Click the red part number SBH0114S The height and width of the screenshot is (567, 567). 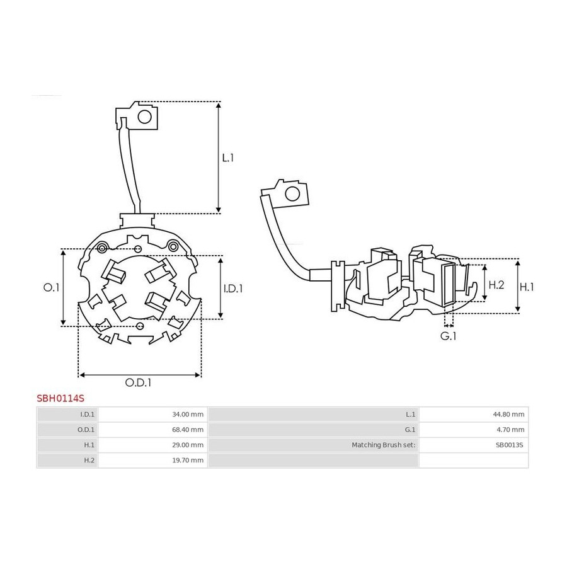pos(60,398)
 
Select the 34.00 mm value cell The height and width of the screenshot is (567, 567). pos(188,415)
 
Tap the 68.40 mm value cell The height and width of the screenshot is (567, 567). pos(188,430)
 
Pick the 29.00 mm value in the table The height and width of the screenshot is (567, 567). pos(188,445)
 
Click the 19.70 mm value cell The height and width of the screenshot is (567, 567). pos(188,460)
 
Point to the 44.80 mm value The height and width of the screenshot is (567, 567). pos(508,415)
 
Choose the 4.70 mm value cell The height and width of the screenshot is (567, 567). pos(510,430)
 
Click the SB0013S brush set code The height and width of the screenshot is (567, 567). pos(509,445)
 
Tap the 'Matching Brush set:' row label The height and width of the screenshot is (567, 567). pos(384,445)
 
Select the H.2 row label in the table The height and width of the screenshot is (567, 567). pos(89,460)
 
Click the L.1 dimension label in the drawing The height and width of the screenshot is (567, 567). pos(228,157)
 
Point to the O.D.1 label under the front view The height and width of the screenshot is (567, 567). pos(138,382)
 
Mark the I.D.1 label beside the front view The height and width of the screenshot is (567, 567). pos(233,288)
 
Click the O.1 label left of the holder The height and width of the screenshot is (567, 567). pos(52,287)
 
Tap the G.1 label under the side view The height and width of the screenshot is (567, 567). pos(448,336)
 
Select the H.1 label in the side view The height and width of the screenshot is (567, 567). pos(527,287)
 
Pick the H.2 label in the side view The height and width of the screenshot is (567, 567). pos(496,285)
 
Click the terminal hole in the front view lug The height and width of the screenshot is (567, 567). pos(145,117)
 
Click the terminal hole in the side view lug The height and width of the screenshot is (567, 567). pos(292,194)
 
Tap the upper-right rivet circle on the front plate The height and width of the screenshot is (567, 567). pos(174,246)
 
